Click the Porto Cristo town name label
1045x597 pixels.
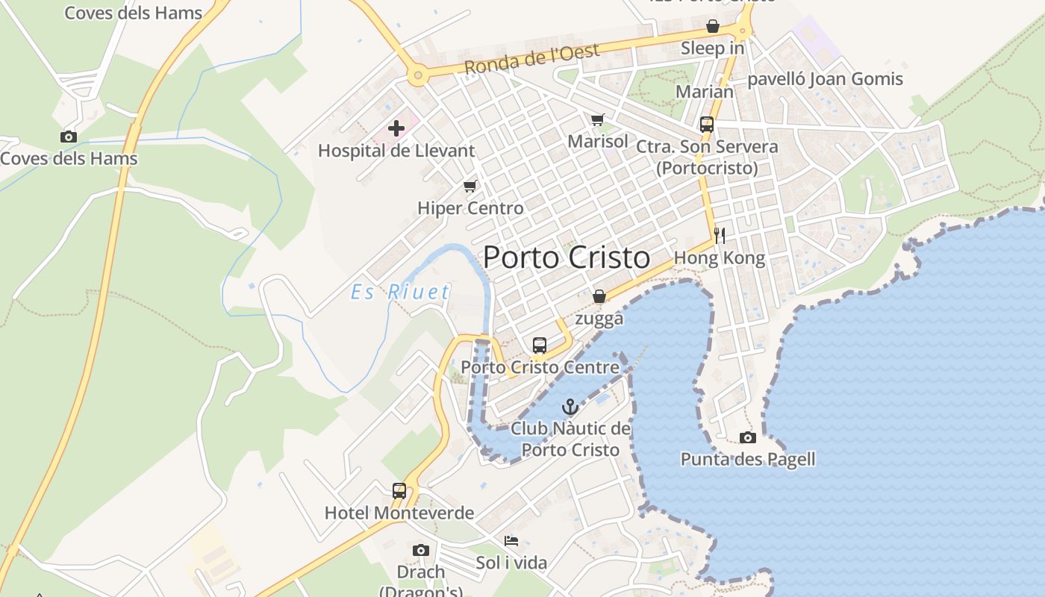[567, 257]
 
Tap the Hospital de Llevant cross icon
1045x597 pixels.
[396, 128]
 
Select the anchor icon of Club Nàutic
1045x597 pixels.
[570, 407]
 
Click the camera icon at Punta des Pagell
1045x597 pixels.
[747, 437]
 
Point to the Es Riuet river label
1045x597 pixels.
[401, 292]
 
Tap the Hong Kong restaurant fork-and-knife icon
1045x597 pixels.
[720, 236]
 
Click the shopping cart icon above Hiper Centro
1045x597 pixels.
[470, 186]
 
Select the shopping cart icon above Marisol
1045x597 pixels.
[597, 119]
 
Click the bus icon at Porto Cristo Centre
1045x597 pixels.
[540, 346]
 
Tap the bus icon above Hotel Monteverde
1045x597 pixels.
[399, 491]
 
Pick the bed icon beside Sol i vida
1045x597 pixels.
[511, 540]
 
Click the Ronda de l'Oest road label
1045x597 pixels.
[531, 60]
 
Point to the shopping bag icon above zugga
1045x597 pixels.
[599, 297]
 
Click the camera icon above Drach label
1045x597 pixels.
[421, 550]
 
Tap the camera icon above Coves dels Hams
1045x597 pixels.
[69, 137]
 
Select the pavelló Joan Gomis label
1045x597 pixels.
[825, 79]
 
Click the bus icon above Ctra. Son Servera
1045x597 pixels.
[706, 125]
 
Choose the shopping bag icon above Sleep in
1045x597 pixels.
[713, 26]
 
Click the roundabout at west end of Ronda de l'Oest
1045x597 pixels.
[417, 75]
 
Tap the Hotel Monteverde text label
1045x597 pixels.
[399, 513]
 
